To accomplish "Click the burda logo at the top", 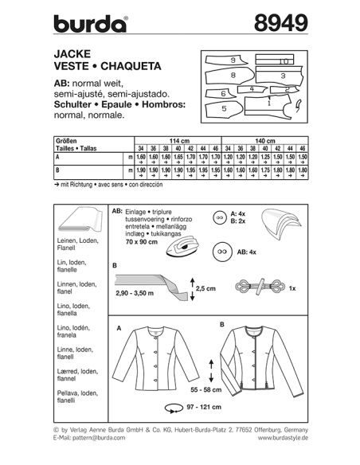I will (x=90, y=23).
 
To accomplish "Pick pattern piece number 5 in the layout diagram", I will (x=225, y=107).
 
